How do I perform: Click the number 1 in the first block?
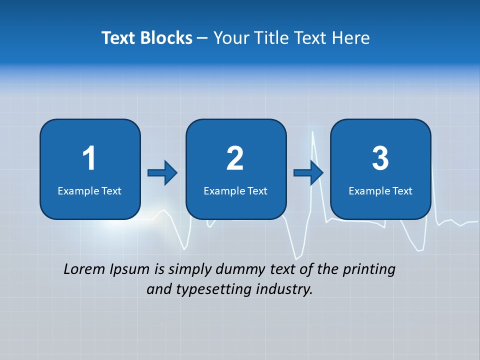pos(89,158)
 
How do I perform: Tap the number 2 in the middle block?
pos(235,158)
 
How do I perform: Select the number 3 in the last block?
pos(380,158)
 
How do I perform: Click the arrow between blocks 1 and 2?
pos(162,173)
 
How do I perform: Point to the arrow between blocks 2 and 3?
pos(308,173)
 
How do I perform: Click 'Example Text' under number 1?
pos(89,190)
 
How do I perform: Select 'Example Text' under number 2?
pos(235,190)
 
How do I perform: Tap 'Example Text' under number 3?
pos(380,190)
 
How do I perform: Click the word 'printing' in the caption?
pos(369,270)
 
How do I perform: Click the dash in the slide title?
pos(202,38)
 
